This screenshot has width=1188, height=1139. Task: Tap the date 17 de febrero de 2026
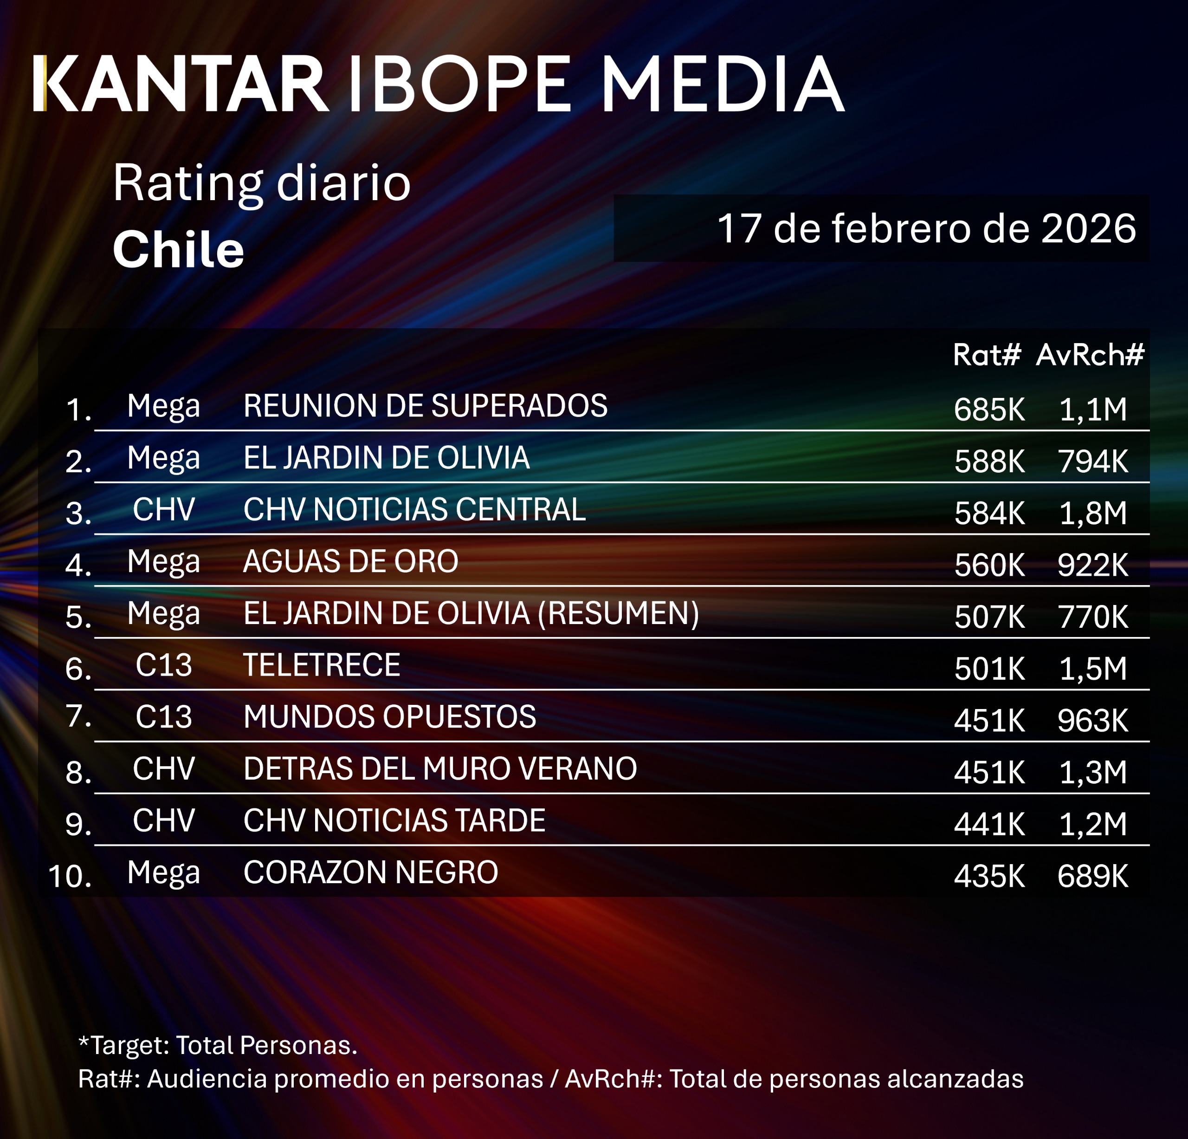point(926,228)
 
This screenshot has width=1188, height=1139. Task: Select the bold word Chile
point(178,250)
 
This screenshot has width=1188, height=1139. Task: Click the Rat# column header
point(987,355)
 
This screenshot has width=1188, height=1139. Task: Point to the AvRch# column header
point(1090,355)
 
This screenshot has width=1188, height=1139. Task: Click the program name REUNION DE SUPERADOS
point(425,406)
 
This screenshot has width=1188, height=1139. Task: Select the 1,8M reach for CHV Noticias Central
point(1093,513)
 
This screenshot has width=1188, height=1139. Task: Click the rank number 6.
point(77,669)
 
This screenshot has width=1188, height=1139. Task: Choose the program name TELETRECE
point(321,665)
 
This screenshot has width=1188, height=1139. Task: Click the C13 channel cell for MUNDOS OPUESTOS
point(164,717)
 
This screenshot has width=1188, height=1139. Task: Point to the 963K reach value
point(1093,721)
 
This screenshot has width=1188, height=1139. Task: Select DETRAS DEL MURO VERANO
point(440,769)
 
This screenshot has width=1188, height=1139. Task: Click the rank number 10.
point(70,876)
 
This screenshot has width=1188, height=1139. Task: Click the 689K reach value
point(1093,876)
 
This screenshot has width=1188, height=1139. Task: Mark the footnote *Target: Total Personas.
point(218,1045)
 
